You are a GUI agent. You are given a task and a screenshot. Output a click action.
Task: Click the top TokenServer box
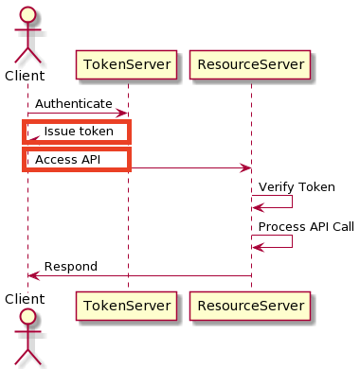(126, 64)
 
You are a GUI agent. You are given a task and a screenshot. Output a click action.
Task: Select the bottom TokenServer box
(126, 306)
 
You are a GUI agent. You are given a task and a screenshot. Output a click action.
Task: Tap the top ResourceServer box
(250, 64)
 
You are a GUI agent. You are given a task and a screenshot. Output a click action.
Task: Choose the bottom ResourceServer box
(250, 306)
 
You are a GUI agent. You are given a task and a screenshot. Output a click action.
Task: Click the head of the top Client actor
(27, 14)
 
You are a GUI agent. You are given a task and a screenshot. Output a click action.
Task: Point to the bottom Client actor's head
(27, 316)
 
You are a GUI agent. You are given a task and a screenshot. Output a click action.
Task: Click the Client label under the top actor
(25, 76)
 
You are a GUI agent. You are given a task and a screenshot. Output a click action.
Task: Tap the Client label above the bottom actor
(25, 299)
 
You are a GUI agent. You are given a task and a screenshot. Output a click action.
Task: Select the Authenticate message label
(74, 104)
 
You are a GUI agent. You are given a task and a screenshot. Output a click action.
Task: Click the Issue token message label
(79, 132)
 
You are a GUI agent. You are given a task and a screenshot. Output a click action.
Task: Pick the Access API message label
(68, 160)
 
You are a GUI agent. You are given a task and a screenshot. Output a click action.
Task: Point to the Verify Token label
(297, 187)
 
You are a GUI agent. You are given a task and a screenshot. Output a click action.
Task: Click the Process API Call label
(306, 227)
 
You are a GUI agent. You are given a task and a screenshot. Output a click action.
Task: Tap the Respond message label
(71, 267)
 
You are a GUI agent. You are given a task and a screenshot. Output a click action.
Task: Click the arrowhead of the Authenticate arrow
(122, 114)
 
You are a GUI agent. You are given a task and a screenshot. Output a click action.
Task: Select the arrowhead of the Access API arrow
(245, 168)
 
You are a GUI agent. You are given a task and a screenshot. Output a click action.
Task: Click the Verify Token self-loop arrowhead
(258, 208)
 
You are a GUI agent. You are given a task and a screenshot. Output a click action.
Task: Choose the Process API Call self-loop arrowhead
(258, 248)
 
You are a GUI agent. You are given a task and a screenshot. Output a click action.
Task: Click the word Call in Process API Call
(343, 227)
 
